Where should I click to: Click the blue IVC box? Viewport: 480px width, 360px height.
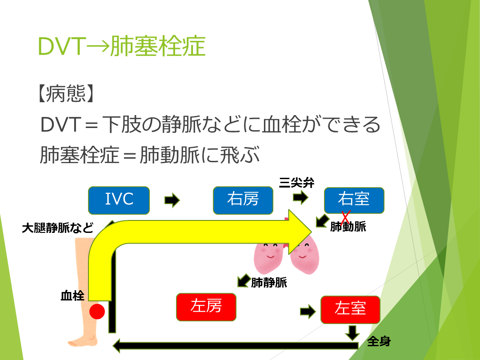click(119, 200)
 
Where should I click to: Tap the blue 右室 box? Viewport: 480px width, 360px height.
click(354, 200)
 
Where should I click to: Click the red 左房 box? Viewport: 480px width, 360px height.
click(206, 307)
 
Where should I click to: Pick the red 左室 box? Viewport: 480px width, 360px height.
click(350, 309)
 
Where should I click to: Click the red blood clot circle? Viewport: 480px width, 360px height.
click(97, 312)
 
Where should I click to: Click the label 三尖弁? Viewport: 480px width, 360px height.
click(296, 183)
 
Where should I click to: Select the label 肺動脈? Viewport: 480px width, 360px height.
click(348, 227)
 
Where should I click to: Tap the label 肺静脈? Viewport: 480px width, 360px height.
click(269, 282)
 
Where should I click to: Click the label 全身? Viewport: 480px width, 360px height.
click(379, 342)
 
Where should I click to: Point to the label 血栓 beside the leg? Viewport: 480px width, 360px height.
click(72, 296)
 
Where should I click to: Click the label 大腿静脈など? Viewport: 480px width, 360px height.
click(58, 228)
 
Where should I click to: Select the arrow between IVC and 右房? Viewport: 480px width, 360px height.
click(172, 200)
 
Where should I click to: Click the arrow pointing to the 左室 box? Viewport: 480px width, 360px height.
click(308, 311)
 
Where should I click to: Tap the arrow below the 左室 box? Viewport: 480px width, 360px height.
click(353, 332)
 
